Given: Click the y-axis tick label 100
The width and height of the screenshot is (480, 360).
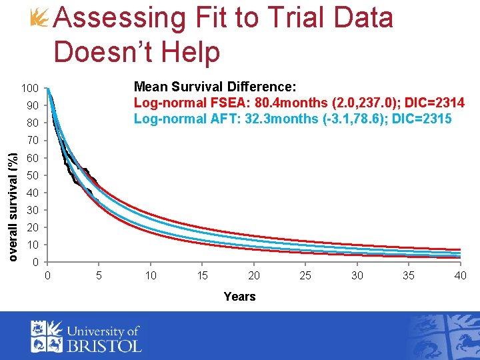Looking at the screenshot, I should (29, 89).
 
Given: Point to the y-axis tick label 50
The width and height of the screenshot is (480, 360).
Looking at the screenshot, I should (32, 175).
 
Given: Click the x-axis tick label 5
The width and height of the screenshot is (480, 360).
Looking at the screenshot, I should (99, 275).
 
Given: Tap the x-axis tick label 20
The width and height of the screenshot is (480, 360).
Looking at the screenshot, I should (254, 275).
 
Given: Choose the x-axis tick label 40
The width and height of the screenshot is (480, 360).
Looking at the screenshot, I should (460, 275).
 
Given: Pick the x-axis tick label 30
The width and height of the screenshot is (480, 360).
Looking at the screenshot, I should (357, 275).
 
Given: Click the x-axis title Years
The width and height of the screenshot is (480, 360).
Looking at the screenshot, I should (239, 297).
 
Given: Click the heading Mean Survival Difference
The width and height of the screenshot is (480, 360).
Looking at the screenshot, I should (215, 87).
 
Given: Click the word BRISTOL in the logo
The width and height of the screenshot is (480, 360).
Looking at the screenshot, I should (104, 345).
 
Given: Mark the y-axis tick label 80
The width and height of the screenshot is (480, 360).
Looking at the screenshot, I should (32, 123).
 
